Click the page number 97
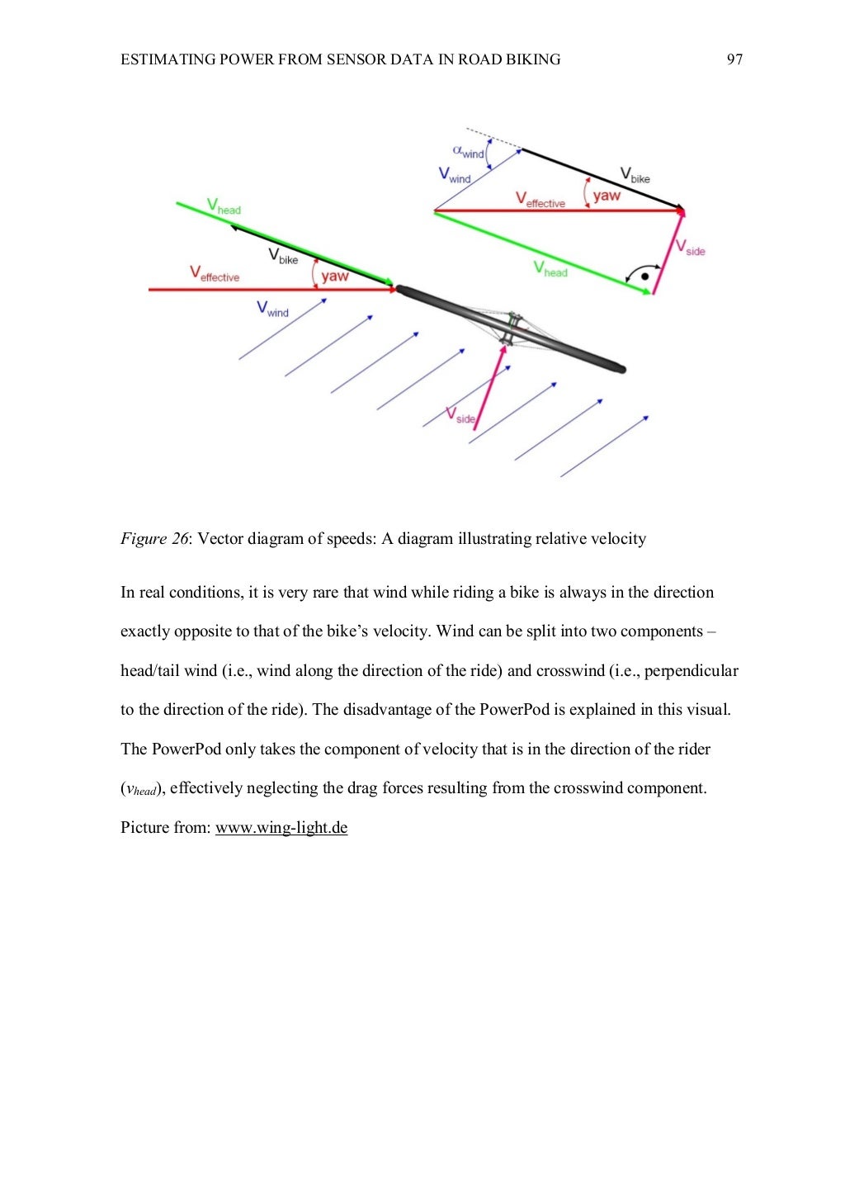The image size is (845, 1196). pyautogui.click(x=734, y=59)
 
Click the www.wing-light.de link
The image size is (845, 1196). pyautogui.click(x=281, y=828)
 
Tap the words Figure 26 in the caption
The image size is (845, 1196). pyautogui.click(x=154, y=539)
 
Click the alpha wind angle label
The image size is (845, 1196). pyautogui.click(x=469, y=152)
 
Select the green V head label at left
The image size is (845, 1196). pyautogui.click(x=224, y=206)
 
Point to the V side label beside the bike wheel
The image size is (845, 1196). pyautogui.click(x=460, y=416)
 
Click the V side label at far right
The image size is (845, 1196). pyautogui.click(x=690, y=248)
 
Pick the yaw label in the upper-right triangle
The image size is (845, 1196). pyautogui.click(x=607, y=196)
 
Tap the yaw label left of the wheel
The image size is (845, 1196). pyautogui.click(x=334, y=276)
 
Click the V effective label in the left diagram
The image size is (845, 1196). pyautogui.click(x=215, y=274)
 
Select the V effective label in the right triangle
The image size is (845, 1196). pyautogui.click(x=541, y=200)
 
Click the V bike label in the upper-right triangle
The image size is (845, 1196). pyautogui.click(x=635, y=176)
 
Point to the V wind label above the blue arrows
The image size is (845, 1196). pyautogui.click(x=272, y=310)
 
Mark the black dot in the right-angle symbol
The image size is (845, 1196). pyautogui.click(x=644, y=277)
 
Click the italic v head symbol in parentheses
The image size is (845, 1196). pyautogui.click(x=139, y=790)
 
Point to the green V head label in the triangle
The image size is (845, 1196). pyautogui.click(x=550, y=269)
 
